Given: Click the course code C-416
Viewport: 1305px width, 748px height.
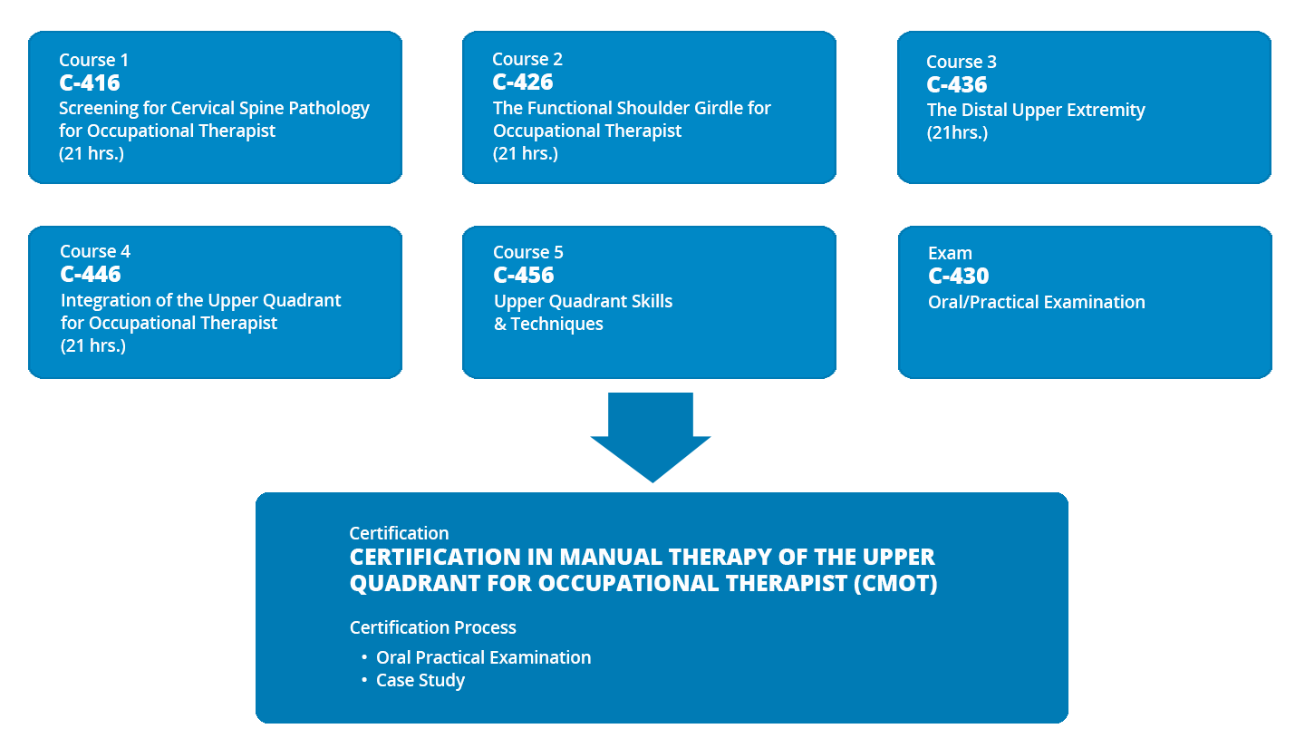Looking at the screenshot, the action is [89, 83].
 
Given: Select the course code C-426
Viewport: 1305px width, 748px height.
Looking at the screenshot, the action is [523, 83].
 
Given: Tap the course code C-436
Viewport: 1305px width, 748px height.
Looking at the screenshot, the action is [957, 84].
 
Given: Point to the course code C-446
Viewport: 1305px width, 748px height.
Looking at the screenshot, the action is [91, 274].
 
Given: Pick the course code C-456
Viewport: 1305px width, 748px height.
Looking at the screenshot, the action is [523, 276].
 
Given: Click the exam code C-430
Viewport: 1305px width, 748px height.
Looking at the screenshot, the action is [959, 276].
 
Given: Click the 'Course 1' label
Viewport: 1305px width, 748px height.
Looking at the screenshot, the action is [93, 60].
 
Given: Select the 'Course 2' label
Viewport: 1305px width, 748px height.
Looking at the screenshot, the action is [527, 59].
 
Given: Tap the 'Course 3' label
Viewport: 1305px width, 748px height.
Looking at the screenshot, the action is [962, 62].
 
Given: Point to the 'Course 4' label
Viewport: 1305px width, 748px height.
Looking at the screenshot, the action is [95, 251].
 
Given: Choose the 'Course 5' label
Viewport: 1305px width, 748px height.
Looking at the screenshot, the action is [527, 252].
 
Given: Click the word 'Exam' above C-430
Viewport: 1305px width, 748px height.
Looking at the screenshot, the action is [950, 253].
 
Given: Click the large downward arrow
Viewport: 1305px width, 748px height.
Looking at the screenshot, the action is [651, 437].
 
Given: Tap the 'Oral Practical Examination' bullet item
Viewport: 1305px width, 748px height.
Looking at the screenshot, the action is [484, 657].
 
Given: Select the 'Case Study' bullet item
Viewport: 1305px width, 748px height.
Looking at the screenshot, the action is [420, 680].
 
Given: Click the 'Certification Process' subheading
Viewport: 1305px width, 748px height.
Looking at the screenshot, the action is [433, 627].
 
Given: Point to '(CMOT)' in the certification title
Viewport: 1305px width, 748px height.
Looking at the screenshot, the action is [895, 583].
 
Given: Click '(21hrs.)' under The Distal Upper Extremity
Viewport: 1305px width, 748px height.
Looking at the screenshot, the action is [957, 132].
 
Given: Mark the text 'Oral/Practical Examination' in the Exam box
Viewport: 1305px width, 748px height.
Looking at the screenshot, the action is [1037, 302].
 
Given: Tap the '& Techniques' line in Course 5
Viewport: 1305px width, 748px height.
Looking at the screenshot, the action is [548, 324].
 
